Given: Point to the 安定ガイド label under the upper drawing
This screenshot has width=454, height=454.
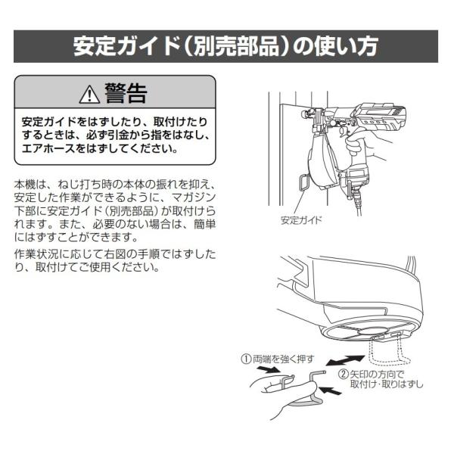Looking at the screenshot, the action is click(x=301, y=221).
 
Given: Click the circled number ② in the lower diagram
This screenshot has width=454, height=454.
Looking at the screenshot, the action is click(x=344, y=374).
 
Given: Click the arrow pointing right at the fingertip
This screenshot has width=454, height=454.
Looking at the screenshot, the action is click(x=266, y=371).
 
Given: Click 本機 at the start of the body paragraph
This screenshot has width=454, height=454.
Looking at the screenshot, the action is click(x=24, y=184).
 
